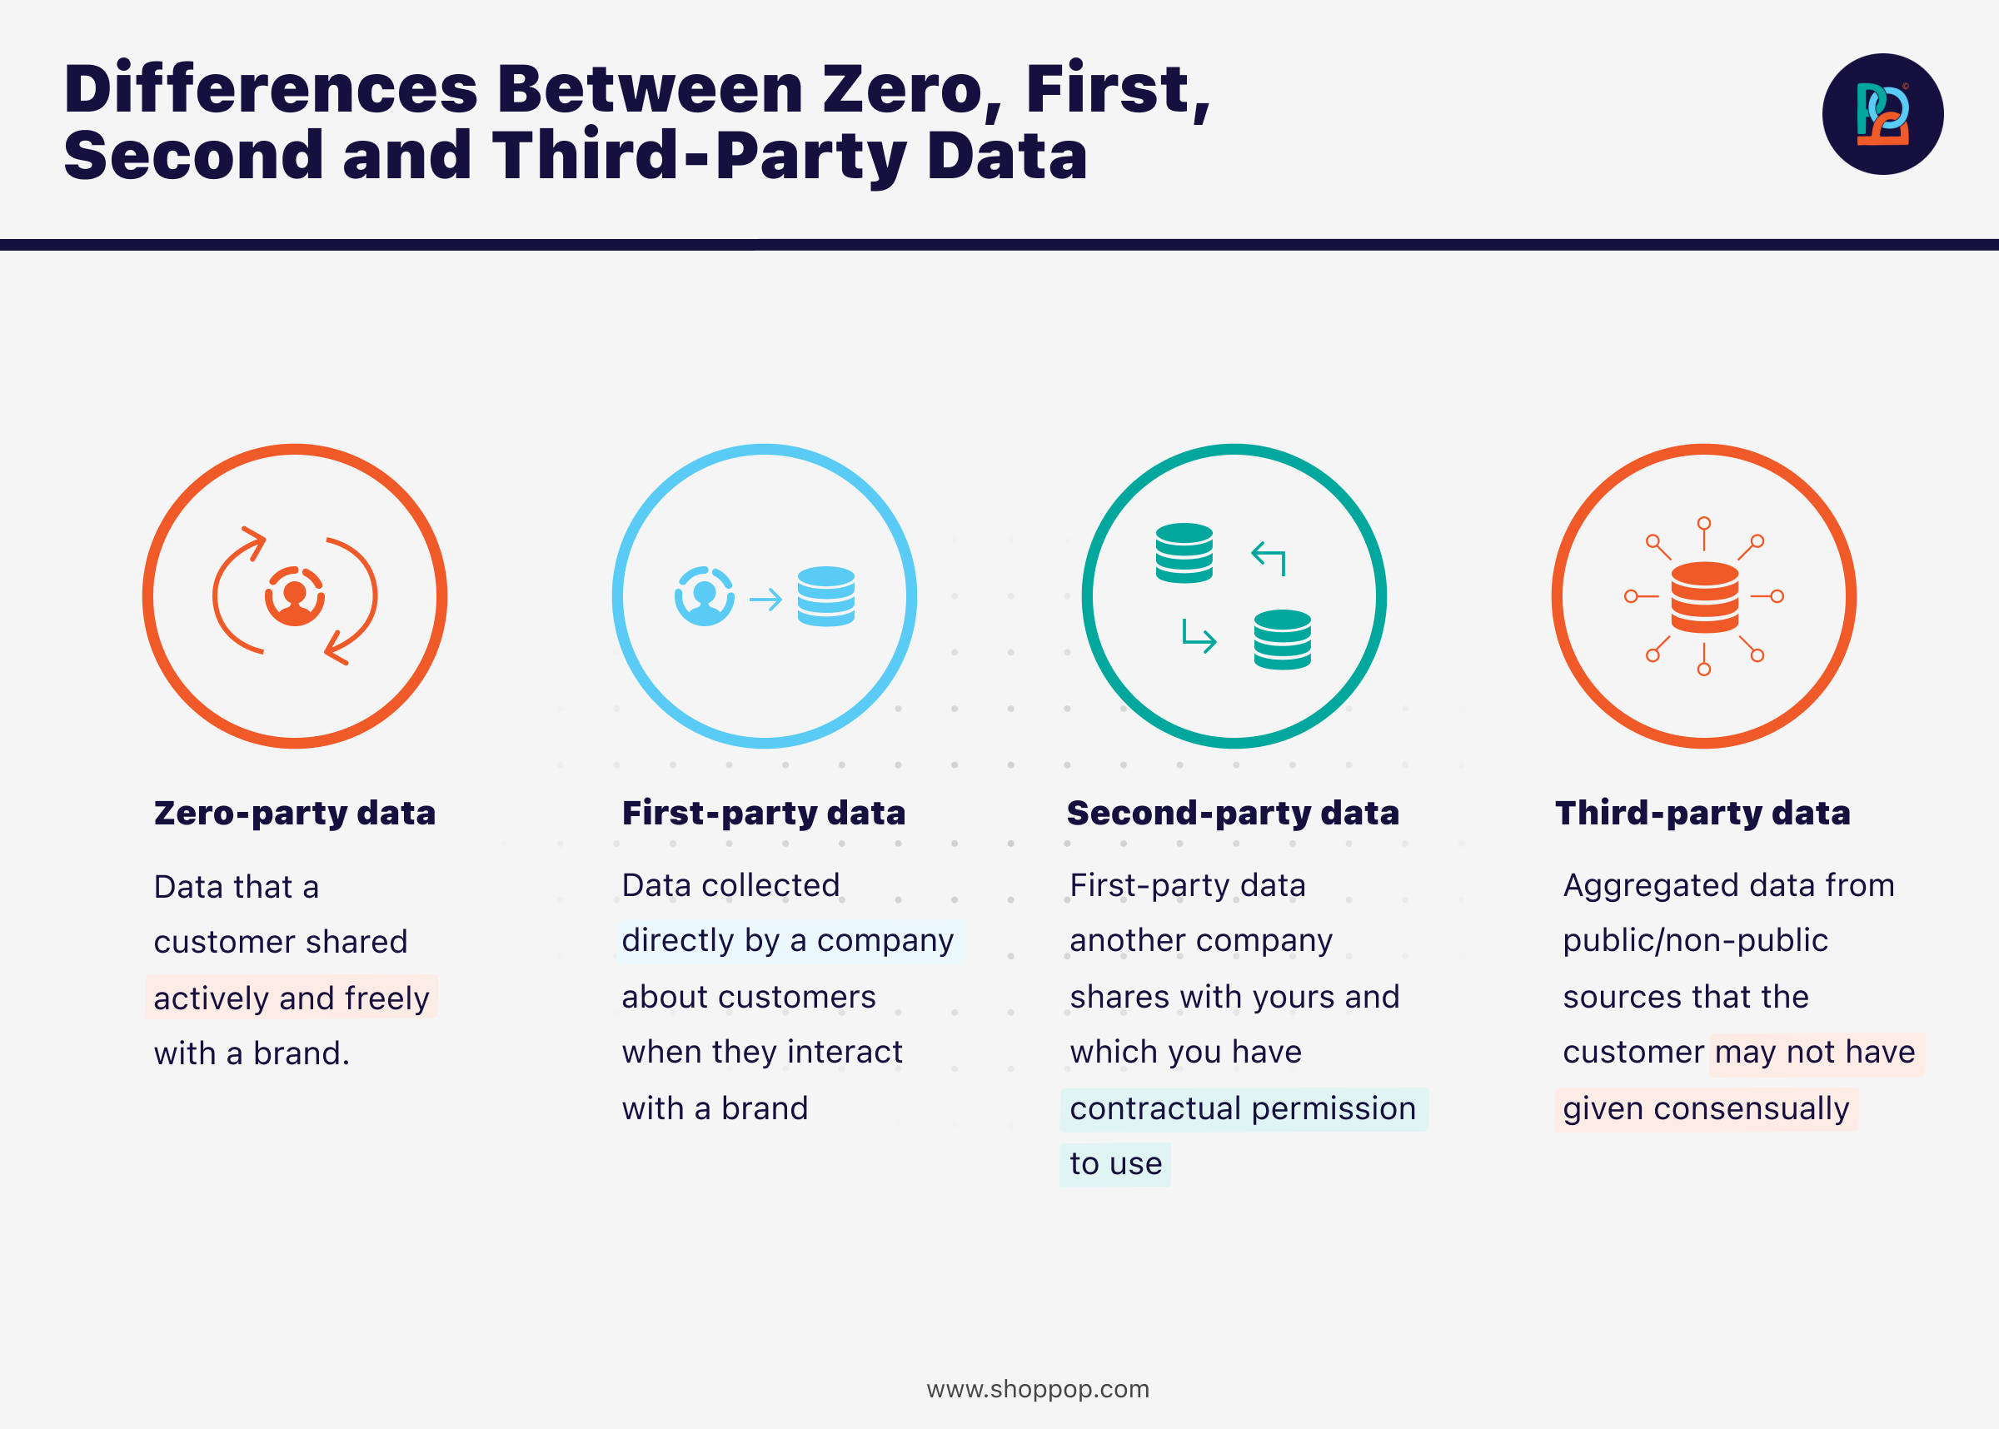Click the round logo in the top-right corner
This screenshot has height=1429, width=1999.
[1882, 114]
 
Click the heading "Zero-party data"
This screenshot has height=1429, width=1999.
[295, 813]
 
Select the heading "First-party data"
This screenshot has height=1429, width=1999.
[764, 813]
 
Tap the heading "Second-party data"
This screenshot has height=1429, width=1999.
[1233, 813]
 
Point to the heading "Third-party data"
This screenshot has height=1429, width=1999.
[1702, 813]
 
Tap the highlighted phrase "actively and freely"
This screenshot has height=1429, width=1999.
[292, 998]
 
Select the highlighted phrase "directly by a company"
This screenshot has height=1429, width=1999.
[787, 941]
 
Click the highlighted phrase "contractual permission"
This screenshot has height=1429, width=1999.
[1244, 1108]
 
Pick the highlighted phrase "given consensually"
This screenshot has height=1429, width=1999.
[1706, 1108]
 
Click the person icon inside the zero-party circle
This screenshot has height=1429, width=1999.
[295, 596]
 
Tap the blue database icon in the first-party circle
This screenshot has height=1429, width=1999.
[826, 596]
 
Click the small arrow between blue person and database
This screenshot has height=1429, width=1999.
[765, 600]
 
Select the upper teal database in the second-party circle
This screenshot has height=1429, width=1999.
[1184, 553]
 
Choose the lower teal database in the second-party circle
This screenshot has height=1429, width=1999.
[1283, 640]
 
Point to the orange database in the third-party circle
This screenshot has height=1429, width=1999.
[1704, 597]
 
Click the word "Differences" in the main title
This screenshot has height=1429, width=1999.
[271, 89]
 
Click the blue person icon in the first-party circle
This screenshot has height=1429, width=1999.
[705, 596]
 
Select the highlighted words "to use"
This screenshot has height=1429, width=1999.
[1115, 1164]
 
